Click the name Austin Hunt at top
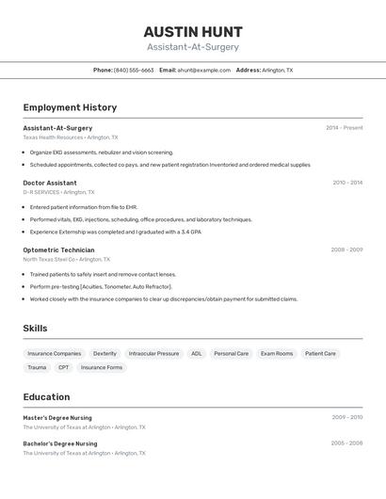193,31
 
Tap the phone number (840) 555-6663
134,71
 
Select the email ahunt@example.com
204,71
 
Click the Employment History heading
70,107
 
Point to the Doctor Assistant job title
50,183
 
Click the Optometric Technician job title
58,250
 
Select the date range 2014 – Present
344,128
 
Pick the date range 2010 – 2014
347,183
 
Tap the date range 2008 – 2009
346,250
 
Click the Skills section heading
35,329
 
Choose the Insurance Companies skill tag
55,354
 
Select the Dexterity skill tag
105,354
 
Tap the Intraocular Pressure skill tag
153,354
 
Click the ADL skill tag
197,354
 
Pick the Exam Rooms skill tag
277,354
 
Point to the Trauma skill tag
37,368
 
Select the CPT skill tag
63,368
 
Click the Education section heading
46,397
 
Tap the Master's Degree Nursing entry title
57,417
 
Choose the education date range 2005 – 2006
346,443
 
